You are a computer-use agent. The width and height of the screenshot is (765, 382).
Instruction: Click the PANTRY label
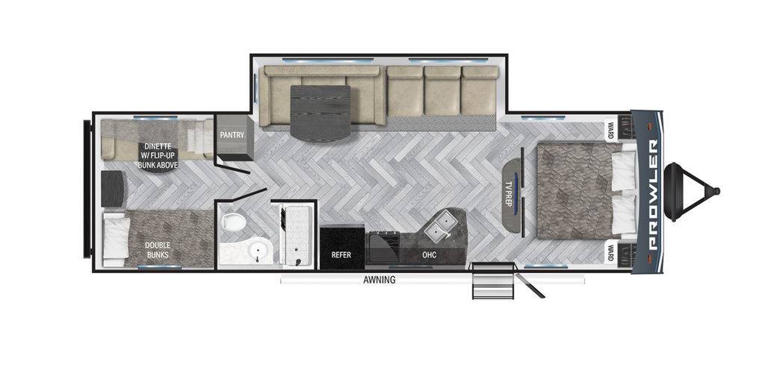point(229,135)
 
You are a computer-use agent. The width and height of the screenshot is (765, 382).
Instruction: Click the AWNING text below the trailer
point(379,280)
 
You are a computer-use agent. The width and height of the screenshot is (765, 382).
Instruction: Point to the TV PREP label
point(512,190)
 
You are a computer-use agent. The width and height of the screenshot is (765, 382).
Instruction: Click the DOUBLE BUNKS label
point(157,250)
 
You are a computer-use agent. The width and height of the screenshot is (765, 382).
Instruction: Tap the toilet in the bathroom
point(232,222)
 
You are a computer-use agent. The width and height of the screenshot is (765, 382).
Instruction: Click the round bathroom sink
point(258,251)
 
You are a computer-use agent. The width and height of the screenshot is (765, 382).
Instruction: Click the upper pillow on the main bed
point(624,169)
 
